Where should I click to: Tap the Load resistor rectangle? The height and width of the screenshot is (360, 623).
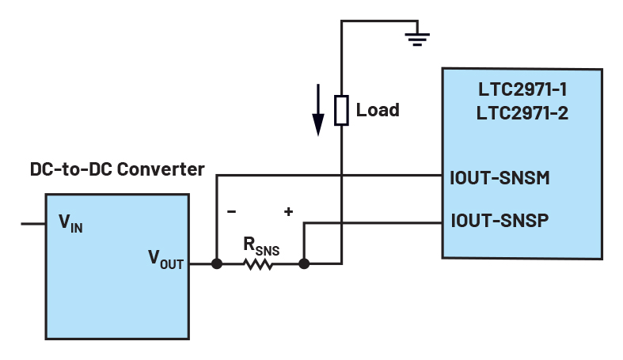coord(341,110)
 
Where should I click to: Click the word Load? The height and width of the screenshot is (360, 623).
coord(378,110)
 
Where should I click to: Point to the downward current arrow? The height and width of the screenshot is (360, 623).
coord(318,111)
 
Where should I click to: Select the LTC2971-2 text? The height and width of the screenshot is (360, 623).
coord(522,113)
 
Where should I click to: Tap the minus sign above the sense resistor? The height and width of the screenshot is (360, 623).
coord(232,212)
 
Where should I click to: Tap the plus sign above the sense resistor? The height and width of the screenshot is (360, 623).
coord(288,212)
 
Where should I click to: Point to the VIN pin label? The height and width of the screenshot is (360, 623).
coord(70,223)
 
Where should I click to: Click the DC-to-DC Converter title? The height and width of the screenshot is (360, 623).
coord(117,169)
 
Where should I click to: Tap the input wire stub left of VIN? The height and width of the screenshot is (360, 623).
coord(33,224)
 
